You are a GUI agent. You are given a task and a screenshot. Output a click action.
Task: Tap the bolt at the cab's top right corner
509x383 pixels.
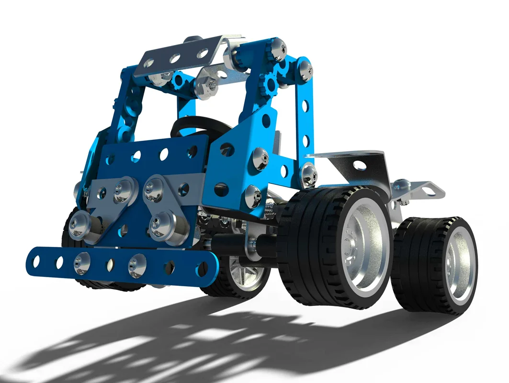click(278, 49)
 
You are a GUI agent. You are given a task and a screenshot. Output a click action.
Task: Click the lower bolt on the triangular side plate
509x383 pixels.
click(253, 196)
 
